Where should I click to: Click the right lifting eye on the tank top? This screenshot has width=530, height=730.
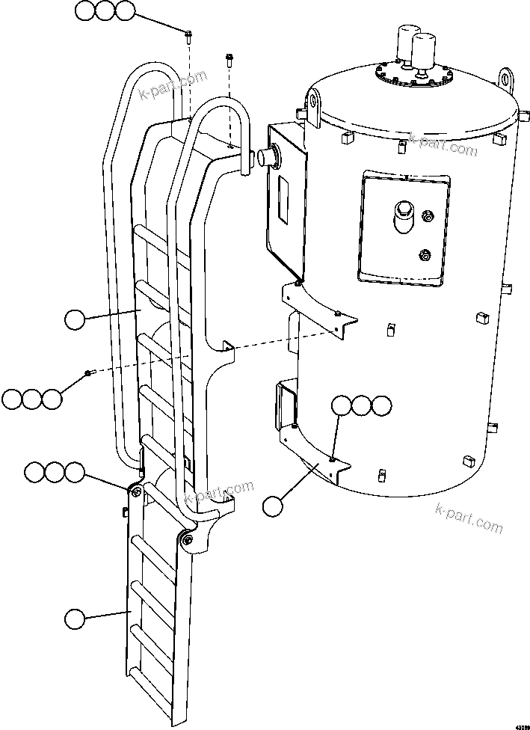coord(508,79)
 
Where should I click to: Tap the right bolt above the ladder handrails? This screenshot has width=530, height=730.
coord(228,57)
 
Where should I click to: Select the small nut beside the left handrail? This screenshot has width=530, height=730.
coord(88,372)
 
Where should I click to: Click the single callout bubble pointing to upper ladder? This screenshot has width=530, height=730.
coord(75,320)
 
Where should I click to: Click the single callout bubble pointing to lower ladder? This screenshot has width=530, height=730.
coord(75,619)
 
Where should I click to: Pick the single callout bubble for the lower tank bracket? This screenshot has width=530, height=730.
coord(274,506)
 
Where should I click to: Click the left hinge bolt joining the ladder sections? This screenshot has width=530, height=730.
coord(135,491)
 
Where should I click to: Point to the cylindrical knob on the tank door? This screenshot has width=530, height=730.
coord(403,212)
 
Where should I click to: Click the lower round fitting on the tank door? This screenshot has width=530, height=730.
coord(425,255)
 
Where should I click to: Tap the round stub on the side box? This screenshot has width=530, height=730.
coord(266,156)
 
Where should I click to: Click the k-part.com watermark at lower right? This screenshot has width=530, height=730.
coord(468,518)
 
